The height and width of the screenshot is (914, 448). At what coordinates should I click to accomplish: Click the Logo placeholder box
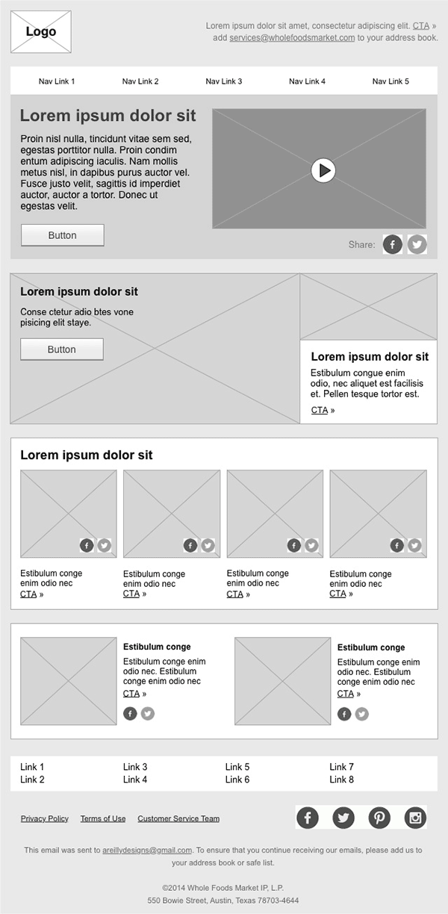tap(41, 32)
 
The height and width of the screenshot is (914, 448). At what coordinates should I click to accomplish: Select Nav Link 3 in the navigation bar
tap(224, 81)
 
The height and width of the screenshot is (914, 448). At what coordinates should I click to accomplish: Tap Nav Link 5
tap(391, 81)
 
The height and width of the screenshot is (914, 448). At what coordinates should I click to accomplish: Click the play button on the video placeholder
tap(323, 170)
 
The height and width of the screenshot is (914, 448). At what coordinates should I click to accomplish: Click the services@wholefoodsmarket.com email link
tap(292, 37)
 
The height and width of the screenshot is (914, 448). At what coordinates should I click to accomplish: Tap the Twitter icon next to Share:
tap(417, 244)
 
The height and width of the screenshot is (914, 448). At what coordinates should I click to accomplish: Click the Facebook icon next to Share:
tap(393, 244)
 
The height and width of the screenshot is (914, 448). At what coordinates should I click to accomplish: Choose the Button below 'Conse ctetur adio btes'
tap(62, 349)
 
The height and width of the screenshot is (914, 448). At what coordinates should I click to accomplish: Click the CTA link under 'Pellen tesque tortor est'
tap(320, 410)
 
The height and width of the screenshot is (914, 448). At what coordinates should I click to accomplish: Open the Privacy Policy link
tap(45, 818)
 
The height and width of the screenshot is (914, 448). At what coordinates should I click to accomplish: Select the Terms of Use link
tap(103, 818)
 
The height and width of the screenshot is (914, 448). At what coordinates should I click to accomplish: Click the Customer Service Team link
tap(178, 818)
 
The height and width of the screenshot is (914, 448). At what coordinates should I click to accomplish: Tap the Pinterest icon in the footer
tap(379, 818)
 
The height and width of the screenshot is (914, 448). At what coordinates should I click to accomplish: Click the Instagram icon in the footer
tap(415, 818)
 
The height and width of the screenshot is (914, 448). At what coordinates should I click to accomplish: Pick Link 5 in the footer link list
tap(237, 767)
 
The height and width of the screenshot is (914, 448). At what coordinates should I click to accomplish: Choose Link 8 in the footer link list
tap(341, 780)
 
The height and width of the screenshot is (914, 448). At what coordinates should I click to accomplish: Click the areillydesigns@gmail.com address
tap(147, 850)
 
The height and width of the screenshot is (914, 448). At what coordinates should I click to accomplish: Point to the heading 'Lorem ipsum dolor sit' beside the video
tap(108, 116)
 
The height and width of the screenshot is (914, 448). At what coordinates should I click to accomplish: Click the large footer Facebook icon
tap(308, 818)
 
